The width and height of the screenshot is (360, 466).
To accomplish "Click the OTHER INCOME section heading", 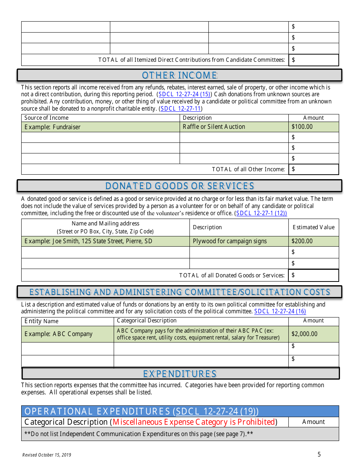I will tap(180, 75).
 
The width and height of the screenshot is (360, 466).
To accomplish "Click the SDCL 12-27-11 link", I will tap(181, 109).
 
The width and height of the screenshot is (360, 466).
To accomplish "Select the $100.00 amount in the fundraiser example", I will tap(302, 127).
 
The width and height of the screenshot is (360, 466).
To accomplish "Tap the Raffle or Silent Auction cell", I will tap(214, 127).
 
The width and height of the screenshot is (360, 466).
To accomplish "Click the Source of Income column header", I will tap(46, 118).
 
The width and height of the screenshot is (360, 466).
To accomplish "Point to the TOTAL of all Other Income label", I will tap(248, 169).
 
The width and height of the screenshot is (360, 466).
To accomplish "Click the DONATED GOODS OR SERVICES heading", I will tap(180, 186).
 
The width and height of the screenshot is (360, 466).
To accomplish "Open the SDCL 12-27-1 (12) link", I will tap(261, 213).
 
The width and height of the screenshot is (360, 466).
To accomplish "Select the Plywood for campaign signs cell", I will tap(230, 241).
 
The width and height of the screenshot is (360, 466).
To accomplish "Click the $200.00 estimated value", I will tap(302, 241).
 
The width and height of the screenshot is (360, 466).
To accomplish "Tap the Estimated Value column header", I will tap(313, 227).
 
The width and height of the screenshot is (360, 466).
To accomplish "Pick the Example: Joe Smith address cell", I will tap(88, 241).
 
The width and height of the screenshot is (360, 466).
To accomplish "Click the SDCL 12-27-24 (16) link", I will tap(280, 311).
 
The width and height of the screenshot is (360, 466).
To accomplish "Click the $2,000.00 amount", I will tap(304, 334).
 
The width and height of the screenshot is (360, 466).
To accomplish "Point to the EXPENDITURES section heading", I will tap(180, 374).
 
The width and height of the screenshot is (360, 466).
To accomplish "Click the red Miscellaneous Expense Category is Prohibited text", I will tap(194, 422).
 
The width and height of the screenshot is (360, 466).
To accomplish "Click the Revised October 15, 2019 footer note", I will tap(47, 455).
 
